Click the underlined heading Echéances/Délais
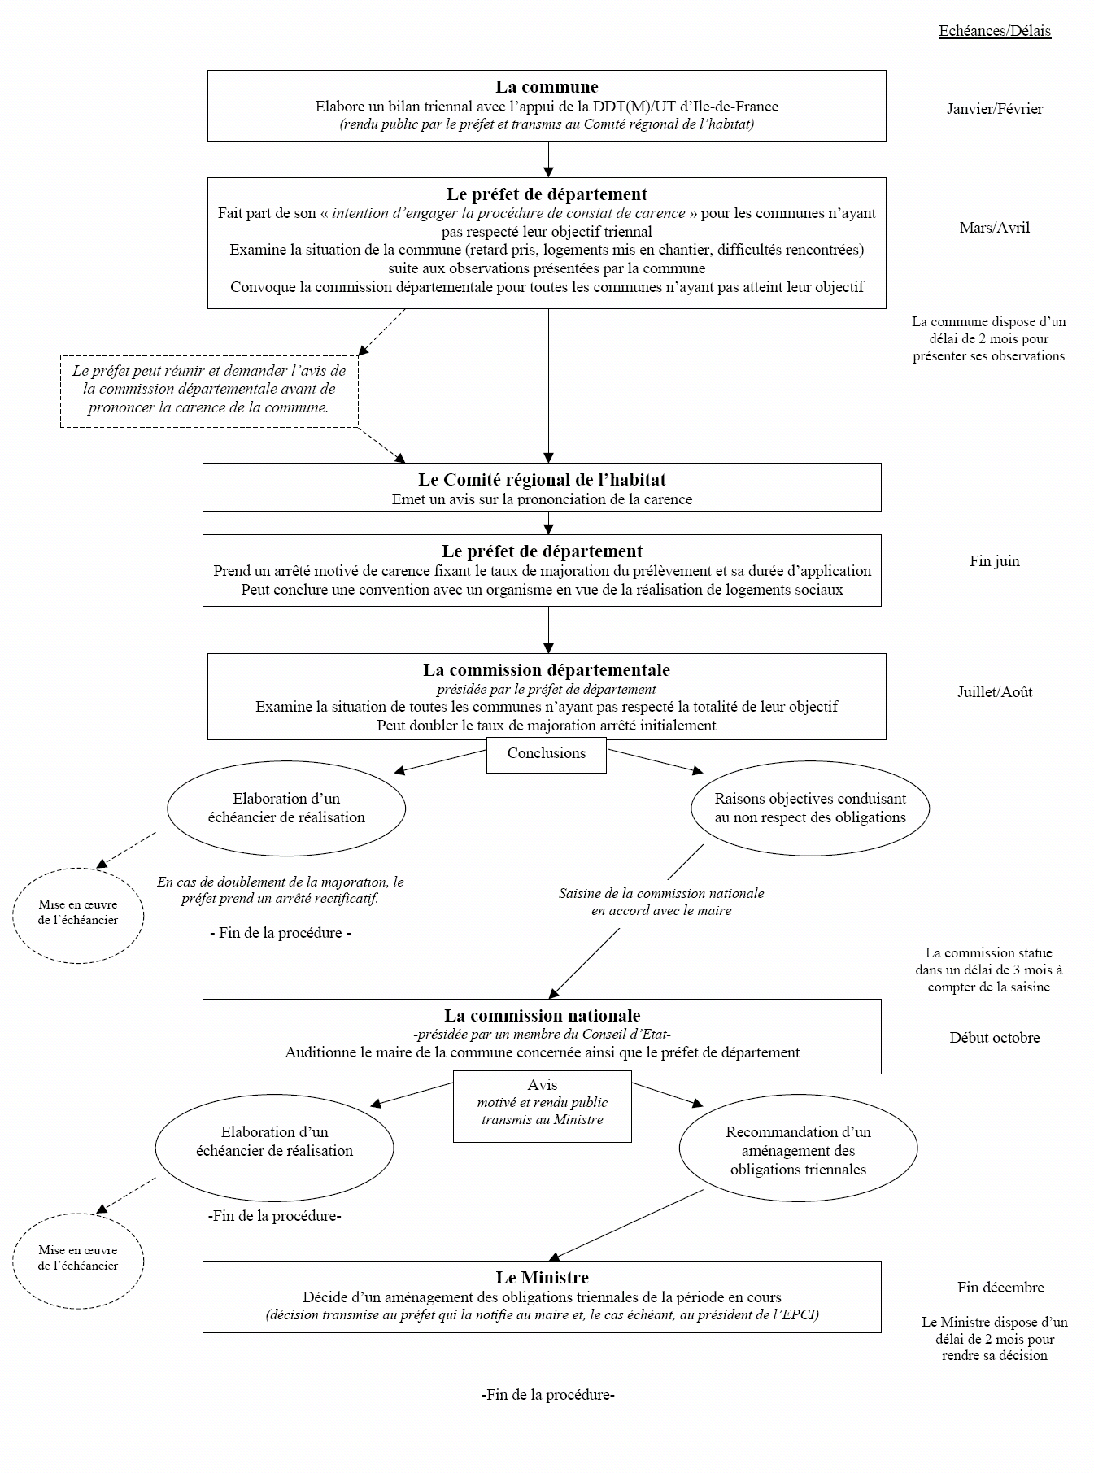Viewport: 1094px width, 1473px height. click(995, 31)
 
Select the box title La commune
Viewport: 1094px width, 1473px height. click(547, 87)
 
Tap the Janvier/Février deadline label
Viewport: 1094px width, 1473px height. click(995, 109)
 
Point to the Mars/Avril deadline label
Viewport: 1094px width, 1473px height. click(995, 228)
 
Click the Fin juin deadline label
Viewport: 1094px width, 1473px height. click(995, 561)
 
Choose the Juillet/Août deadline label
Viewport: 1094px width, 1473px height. click(995, 692)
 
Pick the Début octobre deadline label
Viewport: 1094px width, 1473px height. click(995, 1038)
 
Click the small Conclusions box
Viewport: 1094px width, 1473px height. click(547, 754)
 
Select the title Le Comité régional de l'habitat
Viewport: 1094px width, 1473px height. click(542, 480)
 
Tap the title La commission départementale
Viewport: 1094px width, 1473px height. click(547, 670)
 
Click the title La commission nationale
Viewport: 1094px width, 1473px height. click(542, 1016)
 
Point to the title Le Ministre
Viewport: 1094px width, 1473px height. click(542, 1278)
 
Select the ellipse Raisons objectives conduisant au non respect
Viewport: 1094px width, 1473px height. click(810, 808)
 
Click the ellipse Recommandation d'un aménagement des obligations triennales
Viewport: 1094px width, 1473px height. click(798, 1150)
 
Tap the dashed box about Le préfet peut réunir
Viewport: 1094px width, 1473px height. click(209, 390)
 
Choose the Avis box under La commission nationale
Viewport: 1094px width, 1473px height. click(542, 1105)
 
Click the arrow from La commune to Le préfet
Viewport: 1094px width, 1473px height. click(548, 159)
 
